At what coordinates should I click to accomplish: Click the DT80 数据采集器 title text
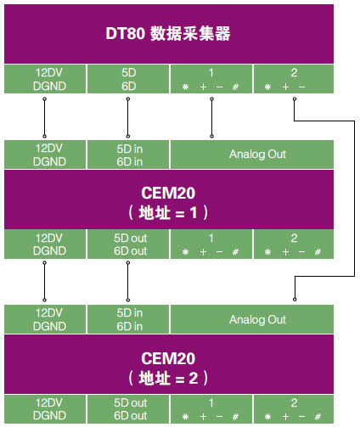[x=168, y=33]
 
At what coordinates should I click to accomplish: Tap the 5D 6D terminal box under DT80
[x=128, y=79]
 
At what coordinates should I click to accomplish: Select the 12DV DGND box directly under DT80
[x=45, y=79]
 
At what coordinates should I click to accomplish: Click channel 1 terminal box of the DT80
[x=211, y=79]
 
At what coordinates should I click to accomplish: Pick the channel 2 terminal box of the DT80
[x=294, y=79]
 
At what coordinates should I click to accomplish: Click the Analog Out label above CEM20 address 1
[x=257, y=155]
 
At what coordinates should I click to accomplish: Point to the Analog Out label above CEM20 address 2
[x=257, y=319]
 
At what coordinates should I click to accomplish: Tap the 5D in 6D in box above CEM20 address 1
[x=128, y=155]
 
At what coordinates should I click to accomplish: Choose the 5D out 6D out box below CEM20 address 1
[x=128, y=244]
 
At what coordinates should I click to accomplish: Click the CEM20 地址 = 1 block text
[x=168, y=203]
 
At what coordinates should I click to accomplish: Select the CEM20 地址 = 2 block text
[x=168, y=368]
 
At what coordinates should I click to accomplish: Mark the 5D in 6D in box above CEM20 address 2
[x=128, y=319]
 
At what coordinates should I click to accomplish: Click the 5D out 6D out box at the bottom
[x=128, y=409]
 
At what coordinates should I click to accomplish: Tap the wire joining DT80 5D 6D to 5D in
[x=128, y=117]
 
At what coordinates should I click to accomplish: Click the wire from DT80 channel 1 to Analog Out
[x=211, y=117]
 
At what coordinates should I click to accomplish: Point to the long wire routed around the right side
[x=354, y=198]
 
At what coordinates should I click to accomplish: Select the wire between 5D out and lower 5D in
[x=128, y=281]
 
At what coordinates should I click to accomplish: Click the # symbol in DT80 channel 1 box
[x=235, y=87]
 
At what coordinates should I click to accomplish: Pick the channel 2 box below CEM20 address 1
[x=294, y=244]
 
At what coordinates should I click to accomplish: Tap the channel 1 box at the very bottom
[x=211, y=409]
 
